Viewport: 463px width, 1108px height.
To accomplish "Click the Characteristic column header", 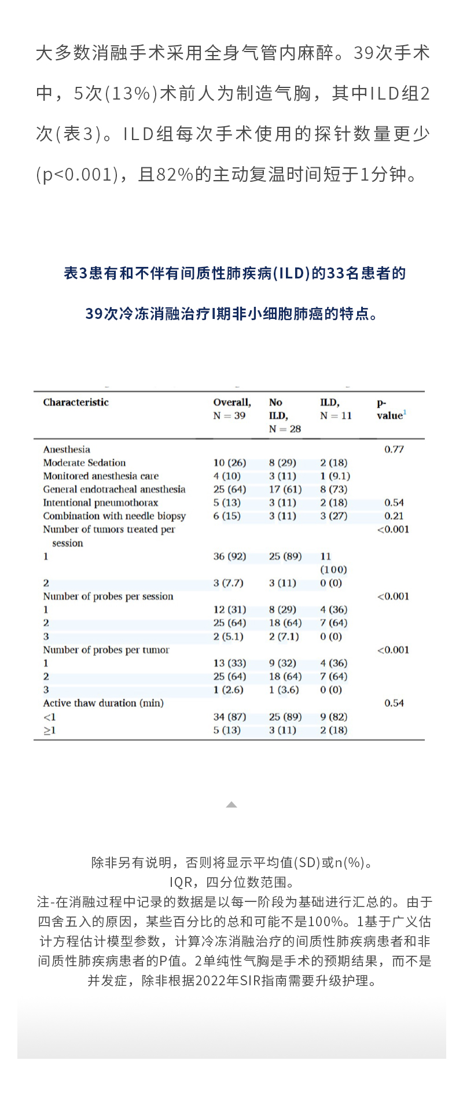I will point(76,402).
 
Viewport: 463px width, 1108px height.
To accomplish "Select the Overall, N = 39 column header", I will point(231,409).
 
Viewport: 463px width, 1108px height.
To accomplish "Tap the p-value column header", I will point(391,409).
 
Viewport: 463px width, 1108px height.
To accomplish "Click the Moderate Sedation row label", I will point(84,463).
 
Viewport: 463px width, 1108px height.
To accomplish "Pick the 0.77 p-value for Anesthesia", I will point(394,449).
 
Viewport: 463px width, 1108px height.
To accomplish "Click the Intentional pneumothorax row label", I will point(100,502).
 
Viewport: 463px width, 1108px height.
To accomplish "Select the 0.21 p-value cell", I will point(394,516).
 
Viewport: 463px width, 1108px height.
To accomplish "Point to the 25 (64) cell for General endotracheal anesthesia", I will point(229,489).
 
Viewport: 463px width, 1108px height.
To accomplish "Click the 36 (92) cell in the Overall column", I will point(229,556).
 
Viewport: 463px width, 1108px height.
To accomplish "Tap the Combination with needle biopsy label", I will point(114,516).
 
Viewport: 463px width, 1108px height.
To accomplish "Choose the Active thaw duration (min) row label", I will point(103,703).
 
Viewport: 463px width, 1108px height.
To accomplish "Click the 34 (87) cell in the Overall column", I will point(229,717).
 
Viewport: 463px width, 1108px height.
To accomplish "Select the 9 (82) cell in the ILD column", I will point(333,717).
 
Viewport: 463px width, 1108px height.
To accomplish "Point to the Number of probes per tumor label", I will point(106,650).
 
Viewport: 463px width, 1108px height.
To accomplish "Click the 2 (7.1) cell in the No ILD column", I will point(284,636).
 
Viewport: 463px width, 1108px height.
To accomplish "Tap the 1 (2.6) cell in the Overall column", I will point(228,689).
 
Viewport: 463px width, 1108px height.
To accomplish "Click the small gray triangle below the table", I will point(231,805).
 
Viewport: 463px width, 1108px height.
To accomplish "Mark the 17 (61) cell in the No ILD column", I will point(285,489).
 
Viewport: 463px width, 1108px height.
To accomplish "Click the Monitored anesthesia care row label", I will point(101,476).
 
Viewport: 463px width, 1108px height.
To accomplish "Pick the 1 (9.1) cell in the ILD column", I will point(335,476).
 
